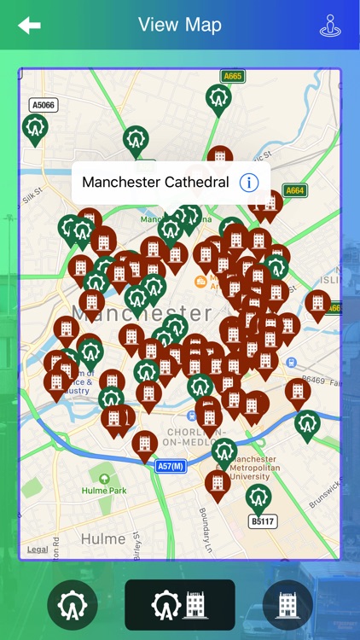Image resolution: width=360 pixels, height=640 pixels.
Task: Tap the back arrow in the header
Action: [x=29, y=26]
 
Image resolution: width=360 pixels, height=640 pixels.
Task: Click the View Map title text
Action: [x=180, y=25]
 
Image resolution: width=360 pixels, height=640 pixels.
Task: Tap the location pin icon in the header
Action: [x=330, y=26]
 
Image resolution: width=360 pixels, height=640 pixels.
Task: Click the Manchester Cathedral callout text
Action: [x=155, y=182]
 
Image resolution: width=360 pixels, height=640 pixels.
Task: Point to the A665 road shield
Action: [x=232, y=76]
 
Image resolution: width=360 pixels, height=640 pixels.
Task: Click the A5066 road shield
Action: [x=43, y=105]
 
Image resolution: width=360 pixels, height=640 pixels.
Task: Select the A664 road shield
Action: [x=294, y=190]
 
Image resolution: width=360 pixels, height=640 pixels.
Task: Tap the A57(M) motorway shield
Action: [x=171, y=467]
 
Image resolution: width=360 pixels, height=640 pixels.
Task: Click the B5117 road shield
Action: [x=263, y=521]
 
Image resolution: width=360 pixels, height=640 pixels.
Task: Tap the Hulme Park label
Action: [x=103, y=490]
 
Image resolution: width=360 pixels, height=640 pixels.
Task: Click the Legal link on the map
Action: [x=38, y=550]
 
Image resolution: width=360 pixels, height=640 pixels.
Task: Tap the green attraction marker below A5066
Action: [x=35, y=128]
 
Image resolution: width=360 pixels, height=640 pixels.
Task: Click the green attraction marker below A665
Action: [x=218, y=98]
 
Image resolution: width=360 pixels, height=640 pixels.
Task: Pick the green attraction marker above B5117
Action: [x=258, y=496]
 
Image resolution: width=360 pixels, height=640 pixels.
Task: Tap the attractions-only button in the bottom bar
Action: [x=73, y=605]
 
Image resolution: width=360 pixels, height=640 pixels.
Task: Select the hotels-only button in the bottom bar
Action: [x=287, y=605]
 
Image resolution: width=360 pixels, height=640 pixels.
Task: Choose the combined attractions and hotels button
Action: [x=180, y=605]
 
